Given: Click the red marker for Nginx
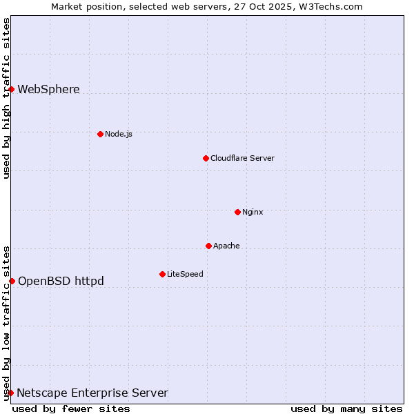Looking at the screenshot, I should click(237, 212).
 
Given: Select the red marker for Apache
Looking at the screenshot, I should click(208, 246).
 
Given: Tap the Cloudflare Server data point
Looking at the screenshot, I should click(206, 158).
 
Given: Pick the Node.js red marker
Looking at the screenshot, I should click(100, 134).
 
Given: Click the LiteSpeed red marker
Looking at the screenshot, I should click(162, 274).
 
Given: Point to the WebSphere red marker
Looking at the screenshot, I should click(11, 89).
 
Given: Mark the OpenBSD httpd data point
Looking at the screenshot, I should click(12, 281).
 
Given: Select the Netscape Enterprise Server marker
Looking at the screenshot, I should click(10, 393).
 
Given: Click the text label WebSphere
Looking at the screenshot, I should click(48, 89).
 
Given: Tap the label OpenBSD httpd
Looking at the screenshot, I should click(61, 281).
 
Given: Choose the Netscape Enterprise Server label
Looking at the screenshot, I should click(92, 393).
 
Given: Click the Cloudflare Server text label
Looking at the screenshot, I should click(242, 158).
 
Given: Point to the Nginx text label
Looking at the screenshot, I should click(253, 212).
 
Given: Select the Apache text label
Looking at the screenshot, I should click(226, 246).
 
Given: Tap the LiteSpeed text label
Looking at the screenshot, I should click(185, 274).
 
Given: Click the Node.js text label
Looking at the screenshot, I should click(119, 134).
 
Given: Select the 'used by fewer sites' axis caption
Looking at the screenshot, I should click(71, 408).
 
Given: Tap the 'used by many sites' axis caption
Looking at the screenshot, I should click(346, 408).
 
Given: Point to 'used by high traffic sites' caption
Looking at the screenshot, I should click(6, 98).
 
